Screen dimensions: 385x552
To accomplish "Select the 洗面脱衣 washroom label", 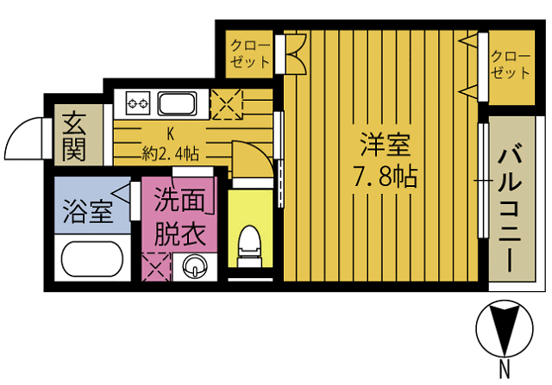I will tap(181, 217).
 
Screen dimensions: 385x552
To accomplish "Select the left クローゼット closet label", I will tap(250, 53).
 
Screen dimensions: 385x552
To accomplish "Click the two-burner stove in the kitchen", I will tap(138, 104).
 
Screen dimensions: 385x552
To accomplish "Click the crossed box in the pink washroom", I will tap(158, 266).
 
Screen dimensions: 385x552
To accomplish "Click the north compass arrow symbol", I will tap(501, 330).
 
